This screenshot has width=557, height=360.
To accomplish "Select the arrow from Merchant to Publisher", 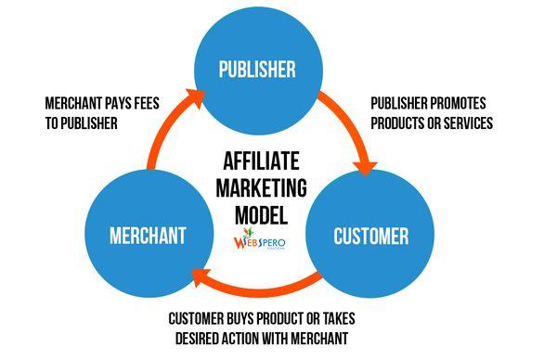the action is [163, 130].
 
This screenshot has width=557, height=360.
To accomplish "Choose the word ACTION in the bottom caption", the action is [253, 338].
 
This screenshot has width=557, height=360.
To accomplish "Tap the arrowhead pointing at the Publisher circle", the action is [195, 93].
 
